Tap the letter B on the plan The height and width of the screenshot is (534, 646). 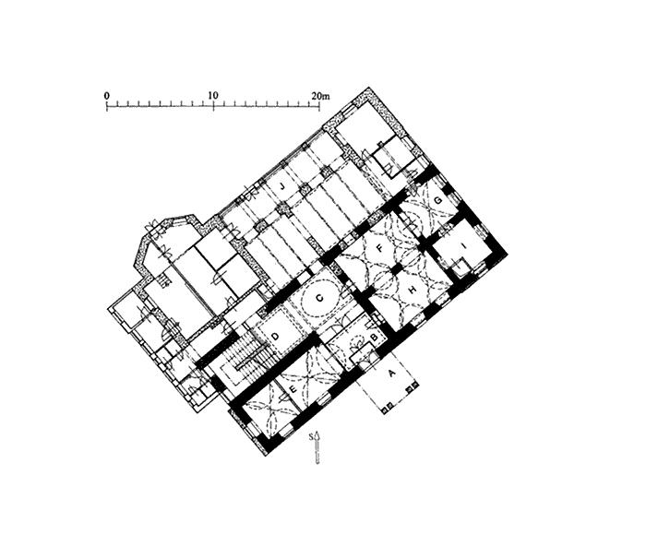click(373, 338)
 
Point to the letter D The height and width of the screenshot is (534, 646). click(274, 329)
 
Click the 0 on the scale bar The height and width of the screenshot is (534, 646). click(107, 96)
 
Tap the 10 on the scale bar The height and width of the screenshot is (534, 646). click(213, 96)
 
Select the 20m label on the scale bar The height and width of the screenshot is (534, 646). click(319, 96)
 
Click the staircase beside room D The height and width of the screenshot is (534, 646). click(245, 355)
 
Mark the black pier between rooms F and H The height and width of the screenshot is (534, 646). click(395, 267)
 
